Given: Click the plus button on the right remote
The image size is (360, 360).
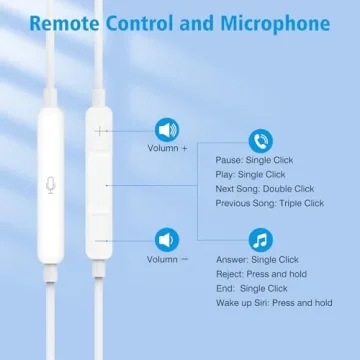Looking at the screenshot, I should (100, 129).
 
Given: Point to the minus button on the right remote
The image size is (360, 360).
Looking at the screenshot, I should (100, 240).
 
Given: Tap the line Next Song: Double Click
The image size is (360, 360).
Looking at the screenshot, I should (265, 189).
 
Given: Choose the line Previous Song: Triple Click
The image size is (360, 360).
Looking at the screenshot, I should (270, 203).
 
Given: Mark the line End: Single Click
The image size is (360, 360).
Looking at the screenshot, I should (258, 288).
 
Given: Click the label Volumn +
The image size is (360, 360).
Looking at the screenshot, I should (167, 148).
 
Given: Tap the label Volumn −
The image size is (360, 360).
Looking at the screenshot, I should (167, 258).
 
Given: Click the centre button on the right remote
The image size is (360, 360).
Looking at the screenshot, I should (100, 184).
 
